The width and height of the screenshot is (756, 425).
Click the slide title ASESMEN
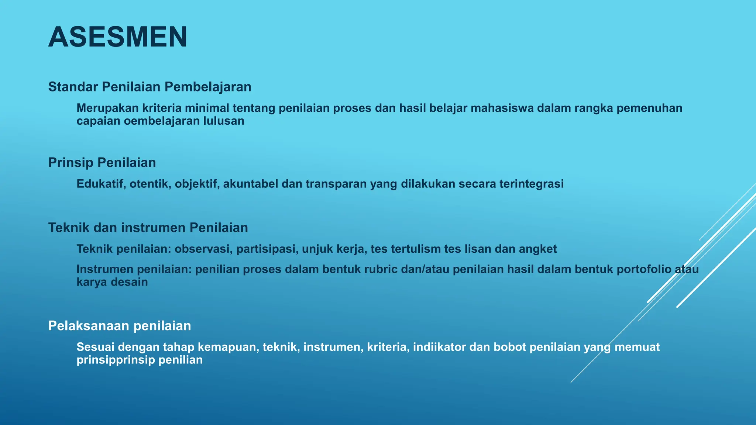pyautogui.click(x=118, y=37)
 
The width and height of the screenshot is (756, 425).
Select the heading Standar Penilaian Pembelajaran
pyautogui.click(x=150, y=87)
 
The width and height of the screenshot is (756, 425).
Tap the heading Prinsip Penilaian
pyautogui.click(x=102, y=162)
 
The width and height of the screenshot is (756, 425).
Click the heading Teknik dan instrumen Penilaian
pyautogui.click(x=148, y=228)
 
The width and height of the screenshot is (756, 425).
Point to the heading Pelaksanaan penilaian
pyautogui.click(x=120, y=326)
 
